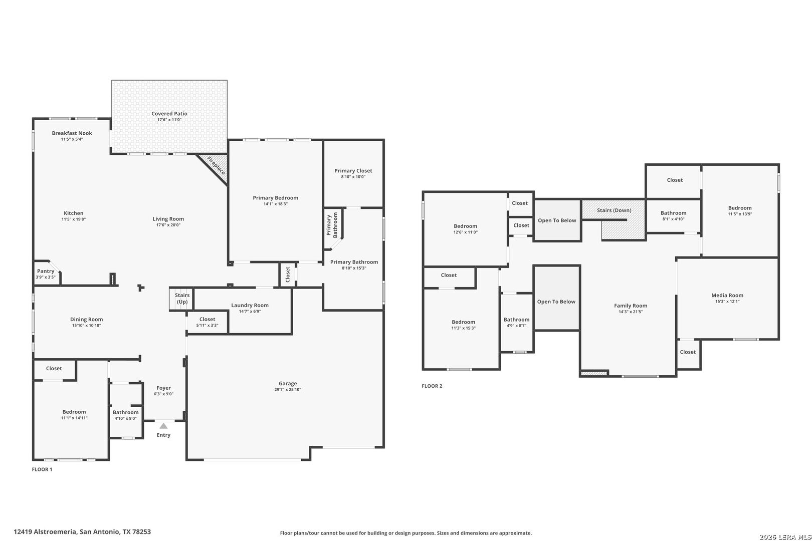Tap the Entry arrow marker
tap(163, 426)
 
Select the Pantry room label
tap(46, 271)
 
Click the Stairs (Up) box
tap(181, 299)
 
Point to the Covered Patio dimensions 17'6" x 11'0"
tap(169, 120)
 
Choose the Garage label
tap(288, 383)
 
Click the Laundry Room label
tap(250, 305)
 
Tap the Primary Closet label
tap(353, 171)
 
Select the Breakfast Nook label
tap(72, 133)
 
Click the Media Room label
tap(727, 296)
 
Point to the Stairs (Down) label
tap(614, 210)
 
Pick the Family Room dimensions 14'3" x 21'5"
tap(631, 312)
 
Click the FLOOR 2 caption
tap(432, 386)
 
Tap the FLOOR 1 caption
tap(42, 469)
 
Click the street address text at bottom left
tap(82, 531)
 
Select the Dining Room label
tap(86, 319)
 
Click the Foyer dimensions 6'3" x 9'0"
tap(163, 394)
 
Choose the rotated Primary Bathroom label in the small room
tap(332, 225)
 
